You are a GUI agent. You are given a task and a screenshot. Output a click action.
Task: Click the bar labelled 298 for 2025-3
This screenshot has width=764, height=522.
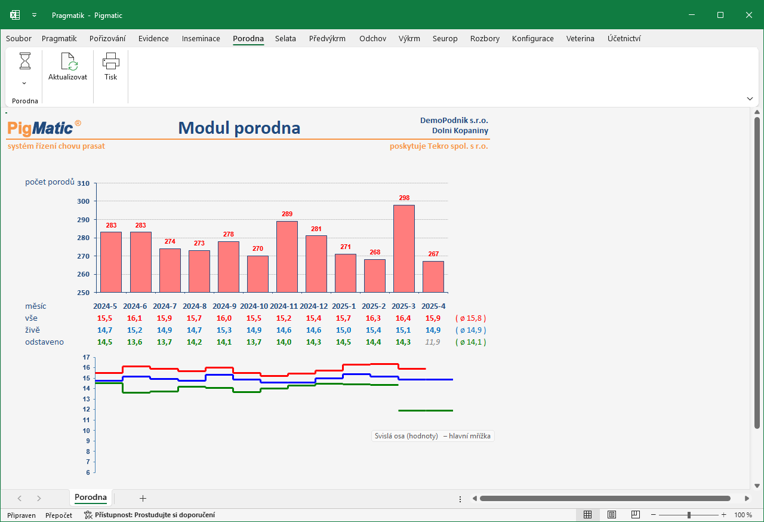pos(404,248)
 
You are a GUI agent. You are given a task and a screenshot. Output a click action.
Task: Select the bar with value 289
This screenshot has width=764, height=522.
pos(287,257)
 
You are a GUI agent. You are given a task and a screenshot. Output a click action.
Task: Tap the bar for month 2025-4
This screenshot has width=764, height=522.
pos(433,277)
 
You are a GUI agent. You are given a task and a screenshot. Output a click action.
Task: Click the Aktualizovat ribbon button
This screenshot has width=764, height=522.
pos(67,67)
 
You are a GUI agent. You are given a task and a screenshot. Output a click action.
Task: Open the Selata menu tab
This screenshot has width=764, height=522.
pos(285,39)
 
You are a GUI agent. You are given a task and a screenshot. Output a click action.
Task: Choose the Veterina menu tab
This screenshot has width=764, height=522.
pos(580,39)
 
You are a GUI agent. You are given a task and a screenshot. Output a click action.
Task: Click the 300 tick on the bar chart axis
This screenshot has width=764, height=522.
pos(83,201)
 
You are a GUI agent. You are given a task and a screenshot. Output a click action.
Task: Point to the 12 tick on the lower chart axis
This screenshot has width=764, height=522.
pos(87,409)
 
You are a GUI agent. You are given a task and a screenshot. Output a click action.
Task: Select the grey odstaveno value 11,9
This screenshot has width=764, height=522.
pos(433,342)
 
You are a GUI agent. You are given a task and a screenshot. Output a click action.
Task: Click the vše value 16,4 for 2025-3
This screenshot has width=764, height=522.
pos(403,318)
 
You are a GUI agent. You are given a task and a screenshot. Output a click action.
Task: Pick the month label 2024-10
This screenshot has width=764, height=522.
pos(254,306)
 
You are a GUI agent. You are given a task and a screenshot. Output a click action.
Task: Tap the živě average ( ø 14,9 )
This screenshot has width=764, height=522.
pos(471,330)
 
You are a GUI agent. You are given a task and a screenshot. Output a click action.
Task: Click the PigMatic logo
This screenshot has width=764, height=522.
pos(44,128)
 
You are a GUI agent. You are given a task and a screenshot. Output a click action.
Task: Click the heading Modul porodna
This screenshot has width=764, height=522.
pos(239,128)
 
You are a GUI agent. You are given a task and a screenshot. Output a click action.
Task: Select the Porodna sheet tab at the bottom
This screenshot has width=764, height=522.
pos(91,498)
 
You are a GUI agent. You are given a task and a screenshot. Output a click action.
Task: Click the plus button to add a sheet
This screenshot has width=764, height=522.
pos(143,499)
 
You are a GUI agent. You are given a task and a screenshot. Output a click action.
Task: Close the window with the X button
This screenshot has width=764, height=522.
pos(749,15)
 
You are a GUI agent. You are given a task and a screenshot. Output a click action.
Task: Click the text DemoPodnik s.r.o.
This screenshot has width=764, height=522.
pos(454,121)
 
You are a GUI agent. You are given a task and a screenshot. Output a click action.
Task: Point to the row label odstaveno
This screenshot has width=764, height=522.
pos(44,342)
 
